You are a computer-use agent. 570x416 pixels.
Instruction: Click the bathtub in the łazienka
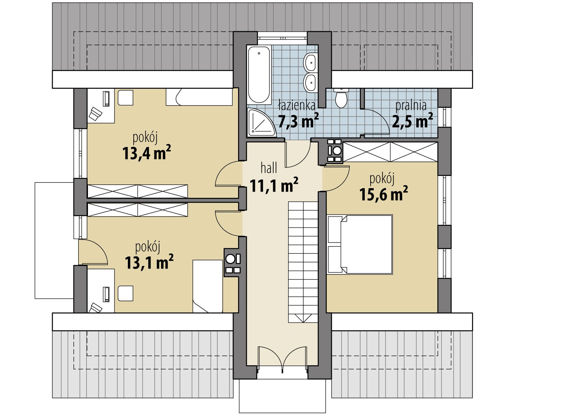click(259, 75)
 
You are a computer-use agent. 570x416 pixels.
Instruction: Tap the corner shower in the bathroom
click(261, 123)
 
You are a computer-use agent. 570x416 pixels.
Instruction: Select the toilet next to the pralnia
click(341, 98)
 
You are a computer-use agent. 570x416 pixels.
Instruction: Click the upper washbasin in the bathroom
click(310, 62)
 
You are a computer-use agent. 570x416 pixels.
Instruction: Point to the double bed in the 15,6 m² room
click(360, 244)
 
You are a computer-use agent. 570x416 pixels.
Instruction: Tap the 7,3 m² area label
click(298, 120)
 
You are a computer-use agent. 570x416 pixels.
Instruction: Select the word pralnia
click(411, 106)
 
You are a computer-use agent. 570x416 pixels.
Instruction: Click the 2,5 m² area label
click(412, 120)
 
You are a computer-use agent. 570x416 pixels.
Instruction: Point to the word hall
click(269, 169)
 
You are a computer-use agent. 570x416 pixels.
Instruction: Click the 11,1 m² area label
click(274, 185)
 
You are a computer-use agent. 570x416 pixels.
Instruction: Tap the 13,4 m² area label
click(147, 153)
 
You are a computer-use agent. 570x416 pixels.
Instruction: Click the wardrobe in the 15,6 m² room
click(390, 152)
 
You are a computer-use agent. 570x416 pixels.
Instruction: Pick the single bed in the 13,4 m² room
click(199, 97)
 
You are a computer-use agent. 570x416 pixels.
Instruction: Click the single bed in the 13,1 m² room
click(208, 286)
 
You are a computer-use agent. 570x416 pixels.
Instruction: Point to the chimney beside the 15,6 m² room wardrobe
click(334, 151)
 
